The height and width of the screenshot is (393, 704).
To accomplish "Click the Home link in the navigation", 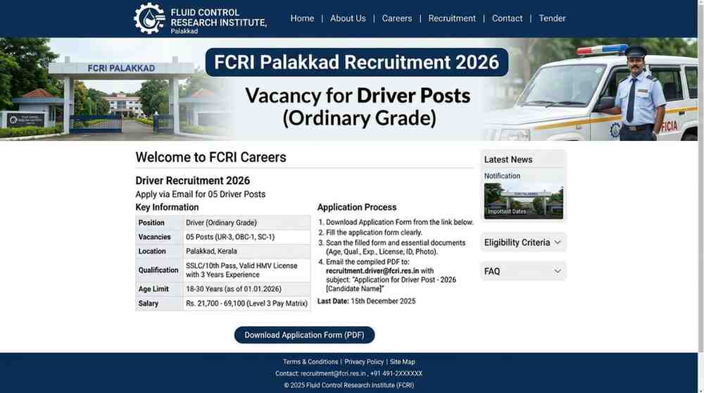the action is click(302, 18).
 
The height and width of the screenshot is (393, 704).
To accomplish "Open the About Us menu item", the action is click(348, 18).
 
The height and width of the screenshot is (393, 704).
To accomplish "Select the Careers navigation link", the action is click(397, 18).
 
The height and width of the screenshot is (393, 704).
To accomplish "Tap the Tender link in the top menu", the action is click(552, 18).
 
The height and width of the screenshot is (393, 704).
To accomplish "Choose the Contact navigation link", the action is click(508, 18).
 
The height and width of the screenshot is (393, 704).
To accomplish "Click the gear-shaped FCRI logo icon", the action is click(149, 18).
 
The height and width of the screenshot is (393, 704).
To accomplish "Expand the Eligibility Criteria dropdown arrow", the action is click(558, 242).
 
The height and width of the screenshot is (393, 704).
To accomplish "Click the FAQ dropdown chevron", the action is click(558, 271).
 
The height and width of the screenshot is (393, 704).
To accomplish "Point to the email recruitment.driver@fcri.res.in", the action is click(372, 271).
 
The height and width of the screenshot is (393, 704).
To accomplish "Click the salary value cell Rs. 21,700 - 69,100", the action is click(246, 304).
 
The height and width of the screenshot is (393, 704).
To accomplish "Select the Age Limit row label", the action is click(153, 289).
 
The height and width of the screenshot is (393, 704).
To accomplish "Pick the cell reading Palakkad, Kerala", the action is click(211, 251).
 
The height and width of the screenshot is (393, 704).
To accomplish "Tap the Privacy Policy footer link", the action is click(364, 362).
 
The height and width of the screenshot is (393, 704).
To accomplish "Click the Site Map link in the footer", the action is click(402, 362).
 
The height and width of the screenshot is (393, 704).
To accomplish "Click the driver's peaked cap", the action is click(636, 51).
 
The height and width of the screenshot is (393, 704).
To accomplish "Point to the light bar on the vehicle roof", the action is click(602, 49).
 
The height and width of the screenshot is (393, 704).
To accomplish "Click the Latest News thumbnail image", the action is click(524, 201).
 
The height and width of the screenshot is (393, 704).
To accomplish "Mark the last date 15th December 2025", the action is click(383, 301).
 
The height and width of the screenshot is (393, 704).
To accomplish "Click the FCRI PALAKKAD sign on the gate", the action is click(121, 68).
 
